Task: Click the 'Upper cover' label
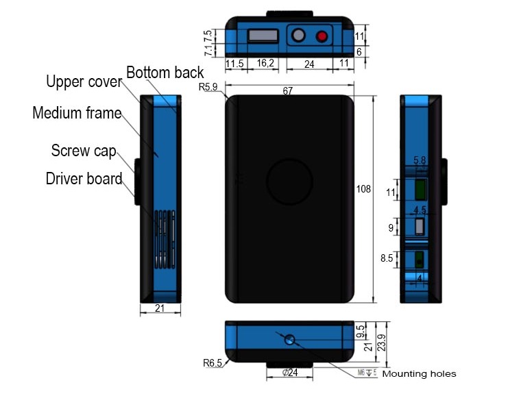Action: click(x=84, y=82)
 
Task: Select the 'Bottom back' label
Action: click(x=165, y=73)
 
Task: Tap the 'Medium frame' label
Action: click(x=77, y=113)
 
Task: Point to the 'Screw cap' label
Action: click(x=84, y=150)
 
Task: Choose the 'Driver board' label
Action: click(x=84, y=179)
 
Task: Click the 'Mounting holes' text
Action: click(x=418, y=374)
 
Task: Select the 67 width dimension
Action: click(x=289, y=91)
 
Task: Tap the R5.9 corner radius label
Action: click(x=208, y=88)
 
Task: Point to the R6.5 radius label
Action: click(x=213, y=363)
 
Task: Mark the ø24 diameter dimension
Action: click(x=289, y=373)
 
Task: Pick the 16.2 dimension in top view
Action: click(x=265, y=63)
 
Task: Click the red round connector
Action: click(x=321, y=36)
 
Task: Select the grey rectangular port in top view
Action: click(x=263, y=35)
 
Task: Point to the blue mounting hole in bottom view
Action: click(x=290, y=339)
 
